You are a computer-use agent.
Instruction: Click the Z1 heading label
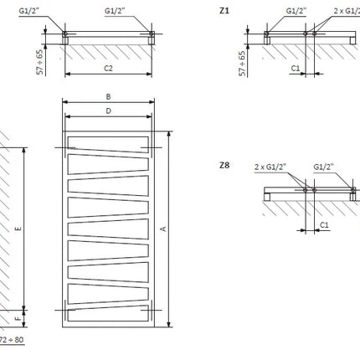click(224, 11)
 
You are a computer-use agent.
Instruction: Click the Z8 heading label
click(224, 165)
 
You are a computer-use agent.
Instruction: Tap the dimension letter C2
click(108, 68)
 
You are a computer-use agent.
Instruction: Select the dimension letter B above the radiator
click(108, 96)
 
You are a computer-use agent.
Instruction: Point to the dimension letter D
click(108, 111)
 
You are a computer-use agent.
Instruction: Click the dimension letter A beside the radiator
click(163, 229)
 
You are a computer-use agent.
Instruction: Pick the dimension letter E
click(18, 229)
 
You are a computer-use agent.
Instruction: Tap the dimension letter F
click(18, 318)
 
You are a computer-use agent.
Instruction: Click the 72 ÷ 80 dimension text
click(12, 340)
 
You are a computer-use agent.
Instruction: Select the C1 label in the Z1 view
click(296, 68)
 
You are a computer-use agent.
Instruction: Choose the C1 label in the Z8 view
click(324, 224)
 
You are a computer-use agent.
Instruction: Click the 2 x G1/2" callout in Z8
click(270, 167)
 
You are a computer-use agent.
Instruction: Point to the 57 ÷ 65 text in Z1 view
click(242, 64)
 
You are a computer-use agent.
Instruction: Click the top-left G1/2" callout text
click(29, 11)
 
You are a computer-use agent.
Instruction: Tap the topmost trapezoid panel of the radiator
click(108, 144)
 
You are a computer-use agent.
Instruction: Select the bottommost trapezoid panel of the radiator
click(108, 314)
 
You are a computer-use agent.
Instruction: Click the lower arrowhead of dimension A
click(168, 324)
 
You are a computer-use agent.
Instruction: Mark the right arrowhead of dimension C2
click(149, 74)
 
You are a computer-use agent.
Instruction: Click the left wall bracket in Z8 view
click(267, 197)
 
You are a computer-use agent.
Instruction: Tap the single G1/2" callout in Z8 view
click(324, 167)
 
